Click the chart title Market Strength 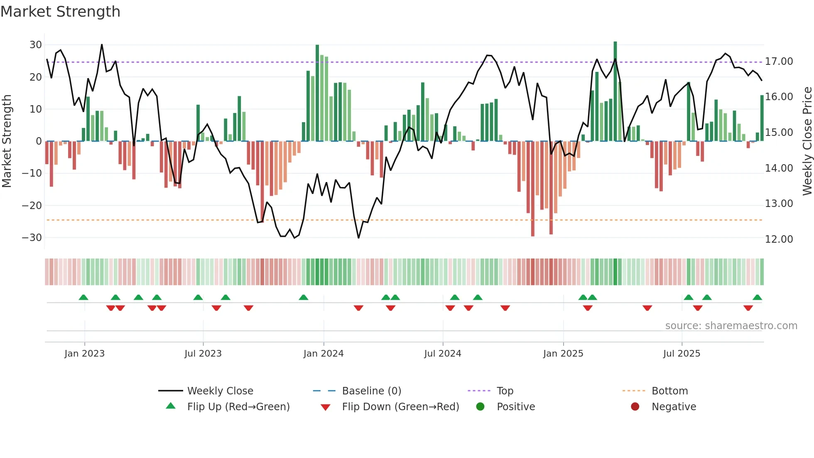coord(60,12)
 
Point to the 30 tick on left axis coord(36,45)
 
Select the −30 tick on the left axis coord(32,238)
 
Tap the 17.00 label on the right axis coord(779,62)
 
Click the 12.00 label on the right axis coord(779,239)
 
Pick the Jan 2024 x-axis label coord(324,354)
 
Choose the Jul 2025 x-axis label coord(682,354)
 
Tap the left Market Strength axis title coord(7,141)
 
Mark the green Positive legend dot coord(481,407)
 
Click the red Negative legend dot coord(635,407)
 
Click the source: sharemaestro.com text coord(731,326)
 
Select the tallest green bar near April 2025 coord(615,91)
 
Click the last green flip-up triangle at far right coord(757,298)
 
